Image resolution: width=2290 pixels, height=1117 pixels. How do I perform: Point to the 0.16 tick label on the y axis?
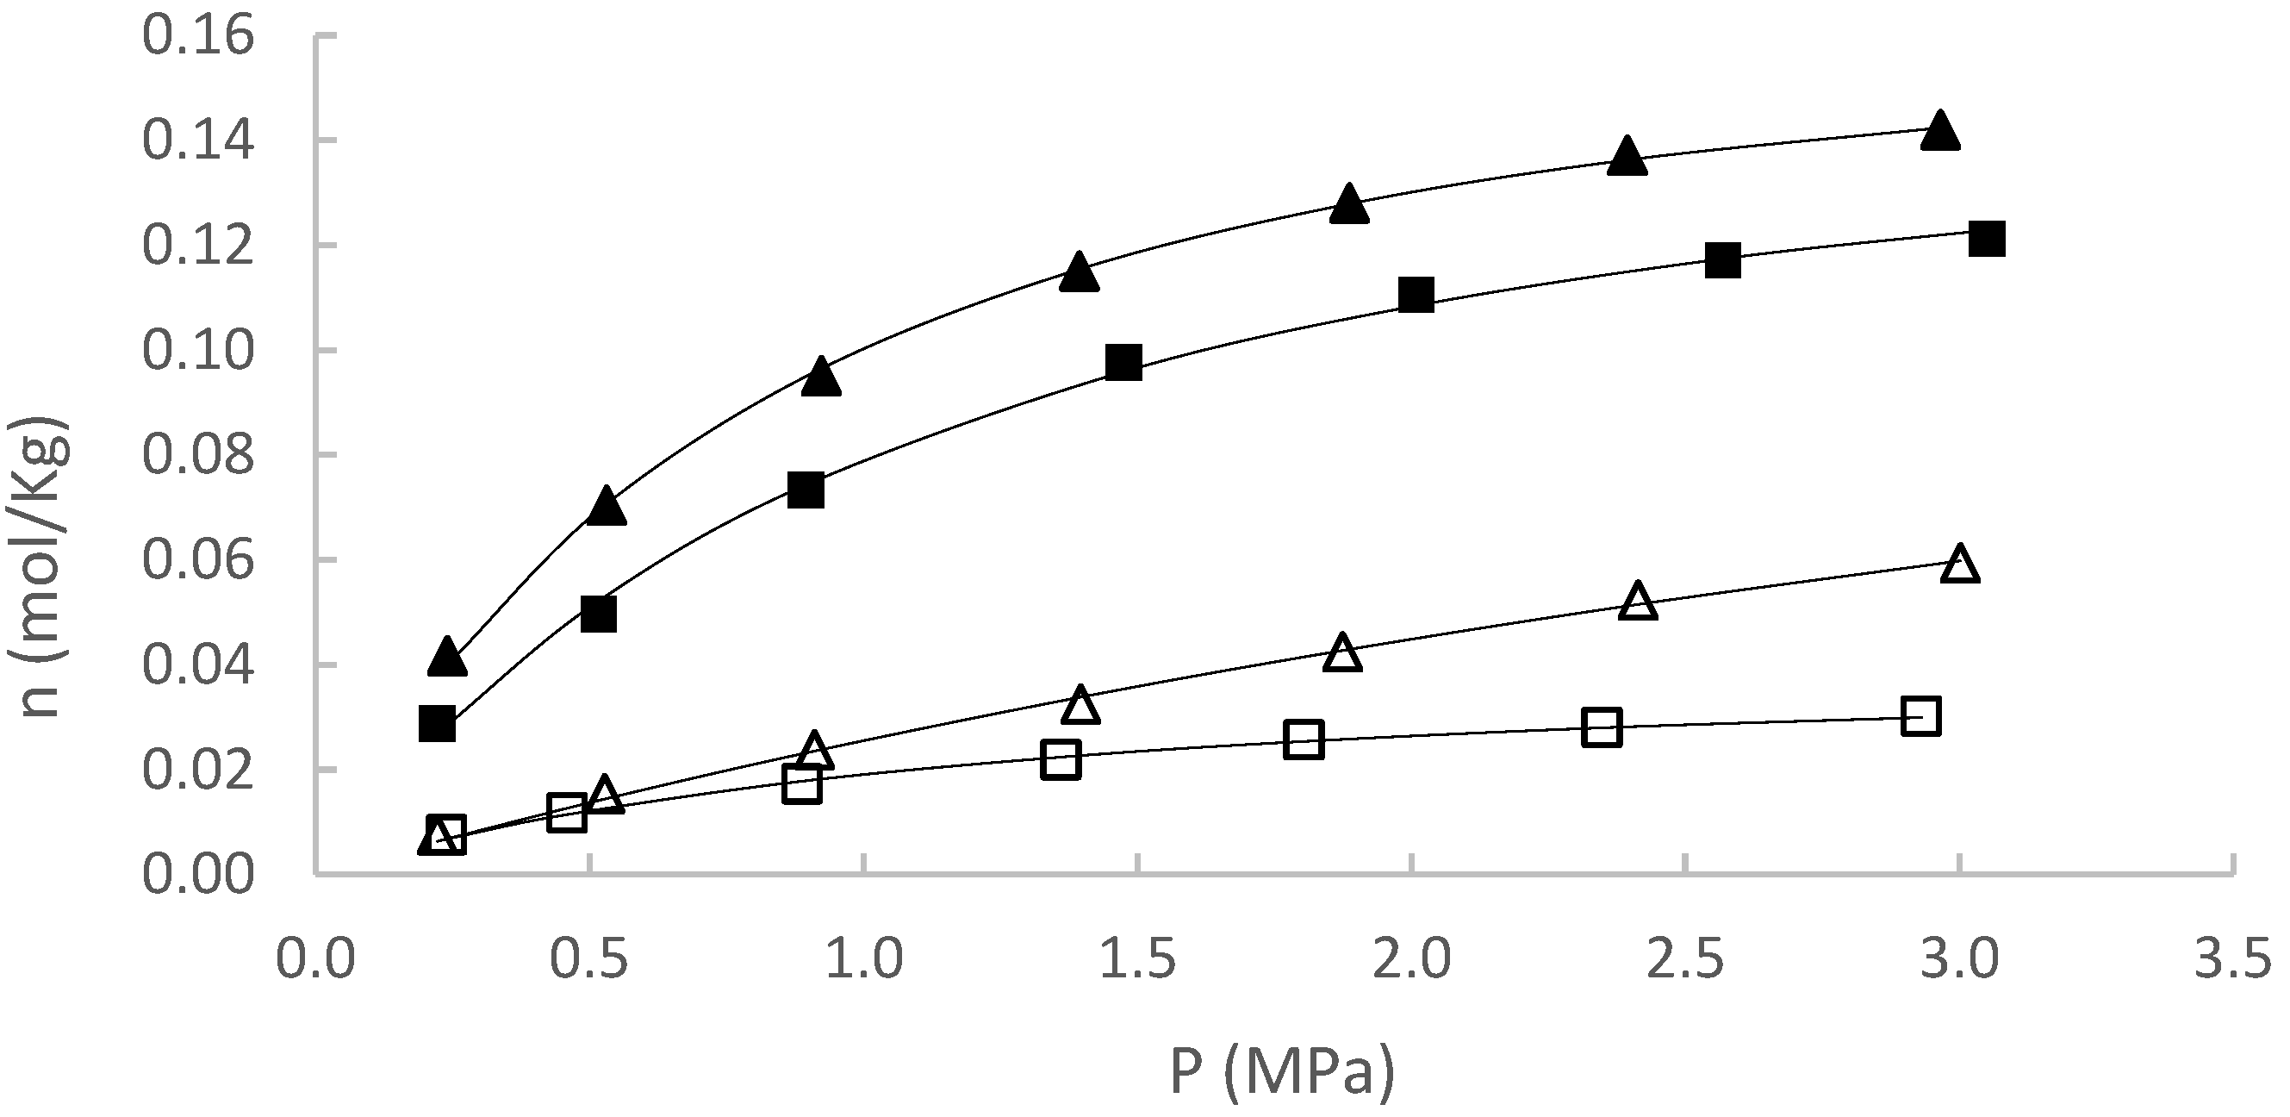tap(197, 37)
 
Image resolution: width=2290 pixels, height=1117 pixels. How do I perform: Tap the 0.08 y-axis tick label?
tap(197, 456)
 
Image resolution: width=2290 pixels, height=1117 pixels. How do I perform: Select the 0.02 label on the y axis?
tap(197, 771)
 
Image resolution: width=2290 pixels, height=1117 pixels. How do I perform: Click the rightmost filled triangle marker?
tap(1939, 132)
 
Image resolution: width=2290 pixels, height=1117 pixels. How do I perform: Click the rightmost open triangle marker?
tap(1960, 565)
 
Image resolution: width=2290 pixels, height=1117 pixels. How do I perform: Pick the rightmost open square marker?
tap(1921, 716)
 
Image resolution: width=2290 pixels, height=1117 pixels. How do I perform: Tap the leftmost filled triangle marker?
tap(447, 658)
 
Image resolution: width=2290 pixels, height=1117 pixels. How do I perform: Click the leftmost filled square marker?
tap(437, 724)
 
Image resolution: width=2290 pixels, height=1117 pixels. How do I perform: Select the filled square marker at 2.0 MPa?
tap(1416, 295)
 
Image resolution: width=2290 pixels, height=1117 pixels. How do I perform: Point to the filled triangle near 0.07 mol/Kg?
tap(607, 506)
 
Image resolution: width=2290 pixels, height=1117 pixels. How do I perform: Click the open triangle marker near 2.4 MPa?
tap(1639, 602)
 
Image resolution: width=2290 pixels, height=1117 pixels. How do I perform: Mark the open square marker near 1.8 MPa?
tap(1304, 739)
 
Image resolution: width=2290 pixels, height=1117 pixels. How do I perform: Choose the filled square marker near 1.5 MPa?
tap(1124, 363)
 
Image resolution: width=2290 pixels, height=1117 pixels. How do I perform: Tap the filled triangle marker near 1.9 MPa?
tap(1348, 204)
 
